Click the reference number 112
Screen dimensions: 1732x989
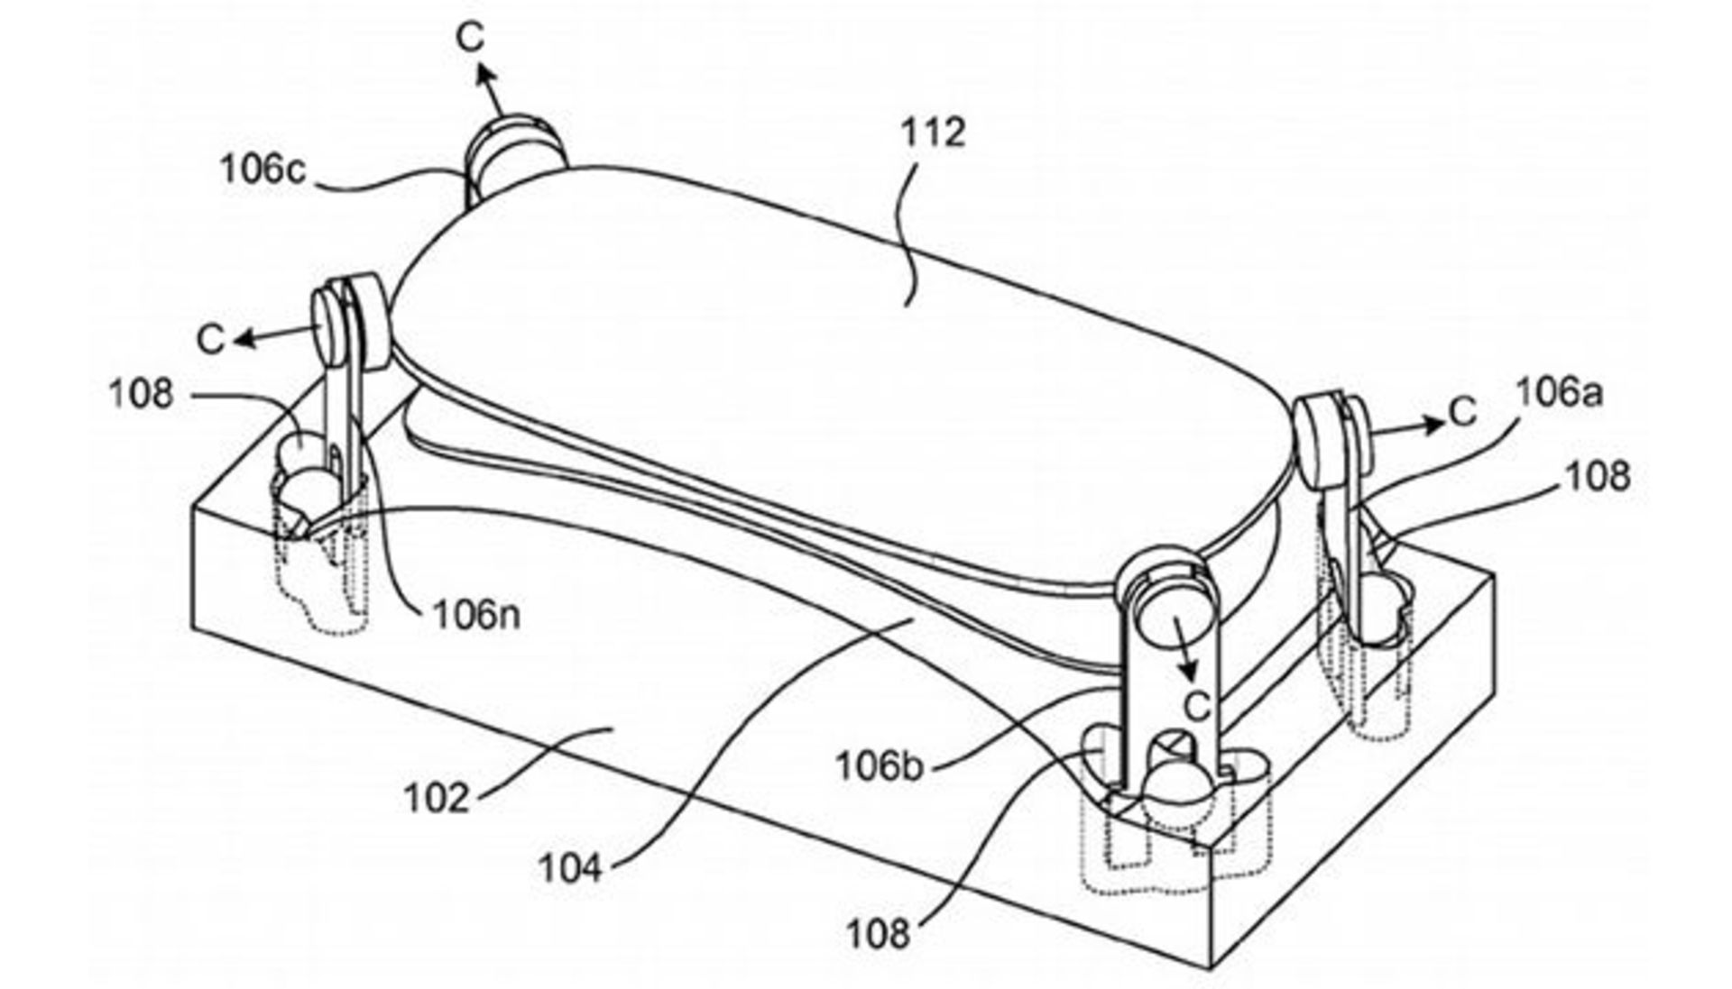pos(934,133)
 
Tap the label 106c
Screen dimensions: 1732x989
pos(263,169)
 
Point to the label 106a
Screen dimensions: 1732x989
pos(1559,393)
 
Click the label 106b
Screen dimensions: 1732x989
pos(880,766)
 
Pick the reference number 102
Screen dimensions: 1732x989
pos(437,798)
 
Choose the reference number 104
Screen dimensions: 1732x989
pos(570,869)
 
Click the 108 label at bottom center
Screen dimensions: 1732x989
pos(878,934)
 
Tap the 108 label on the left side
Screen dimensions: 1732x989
pos(141,393)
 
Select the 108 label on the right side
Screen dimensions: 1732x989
pos(1598,476)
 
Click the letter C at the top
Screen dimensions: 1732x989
pos(470,37)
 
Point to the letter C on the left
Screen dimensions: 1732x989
pos(210,340)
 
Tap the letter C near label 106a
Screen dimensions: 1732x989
pos(1462,412)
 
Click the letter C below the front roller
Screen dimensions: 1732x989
pos(1196,706)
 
